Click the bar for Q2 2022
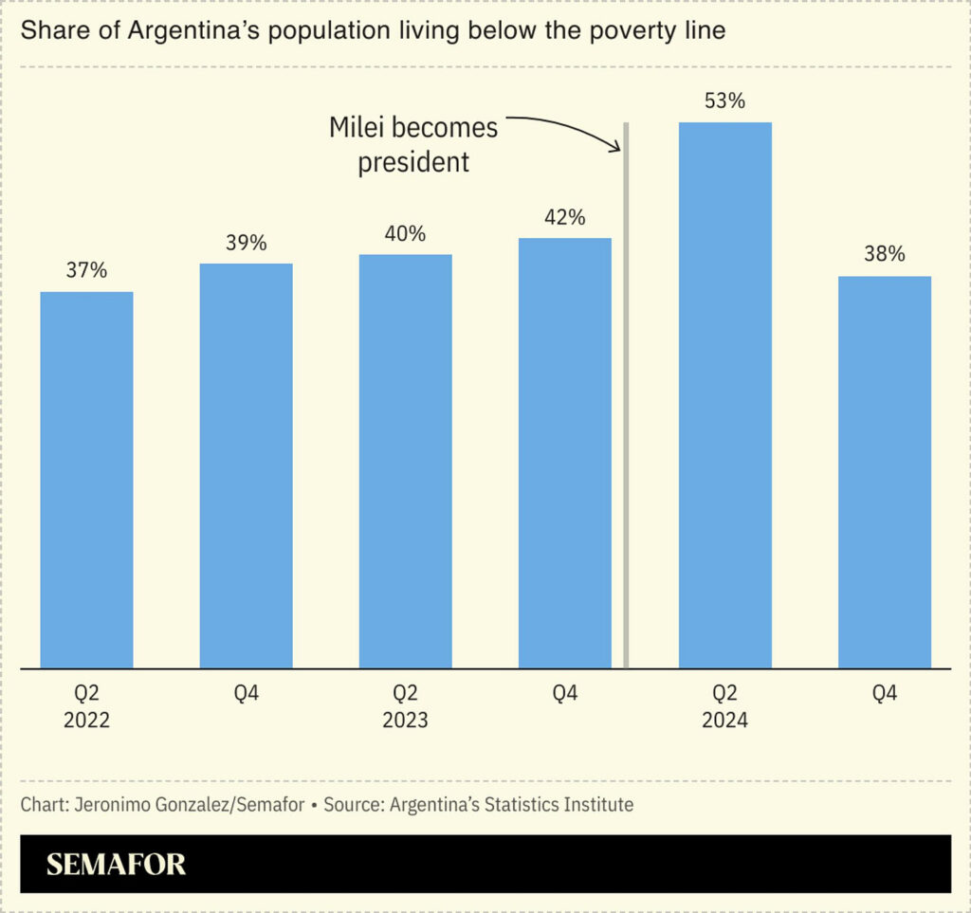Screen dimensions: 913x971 tap(86, 479)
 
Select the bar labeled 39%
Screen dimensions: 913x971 tap(246, 465)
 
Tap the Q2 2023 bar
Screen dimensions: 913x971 tap(405, 461)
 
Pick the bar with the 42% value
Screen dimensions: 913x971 tap(564, 452)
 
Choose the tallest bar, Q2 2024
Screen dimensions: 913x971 tap(724, 394)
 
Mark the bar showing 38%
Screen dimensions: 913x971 tap(884, 471)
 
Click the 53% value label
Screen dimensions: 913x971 tap(724, 100)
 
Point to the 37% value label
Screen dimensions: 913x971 tap(86, 270)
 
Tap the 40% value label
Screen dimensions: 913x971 tap(405, 233)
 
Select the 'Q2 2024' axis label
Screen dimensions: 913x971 tap(724, 707)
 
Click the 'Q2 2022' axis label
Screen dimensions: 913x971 tap(86, 707)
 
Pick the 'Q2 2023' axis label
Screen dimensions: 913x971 tap(405, 707)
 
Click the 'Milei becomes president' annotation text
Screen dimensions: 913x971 tap(413, 144)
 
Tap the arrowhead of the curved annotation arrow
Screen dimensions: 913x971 tap(617, 147)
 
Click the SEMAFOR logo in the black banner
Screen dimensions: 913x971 tap(116, 865)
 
